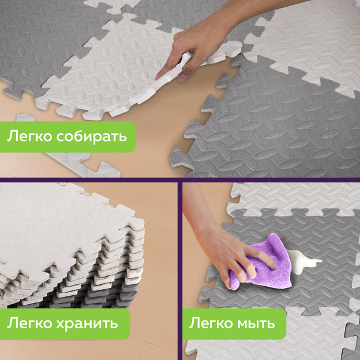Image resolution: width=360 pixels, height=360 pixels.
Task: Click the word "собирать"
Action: (91, 137)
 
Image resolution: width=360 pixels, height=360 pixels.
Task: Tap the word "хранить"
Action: (87, 323)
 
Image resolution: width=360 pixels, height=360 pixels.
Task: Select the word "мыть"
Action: (256, 323)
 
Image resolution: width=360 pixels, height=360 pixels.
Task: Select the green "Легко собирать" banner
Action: (67, 137)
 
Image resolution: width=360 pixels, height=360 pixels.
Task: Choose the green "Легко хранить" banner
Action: (65, 324)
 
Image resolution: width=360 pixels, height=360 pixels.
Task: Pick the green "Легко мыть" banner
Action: (235, 324)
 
